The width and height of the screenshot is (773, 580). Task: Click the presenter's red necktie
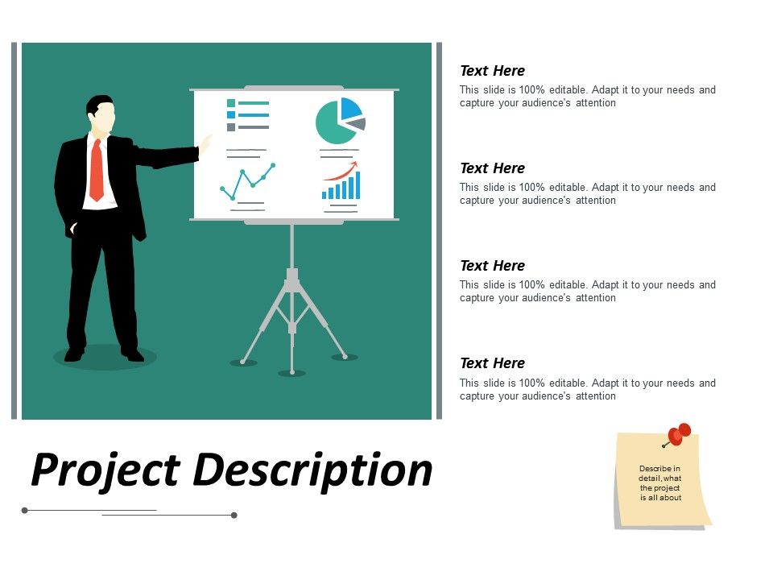pos(97,171)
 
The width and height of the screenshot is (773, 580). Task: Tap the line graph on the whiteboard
pos(247,181)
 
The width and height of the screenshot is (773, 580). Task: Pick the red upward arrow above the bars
pos(341,171)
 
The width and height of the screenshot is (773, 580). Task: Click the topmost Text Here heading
pos(492,71)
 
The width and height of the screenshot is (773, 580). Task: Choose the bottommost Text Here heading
pos(492,363)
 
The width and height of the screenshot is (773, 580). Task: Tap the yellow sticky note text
pos(660,483)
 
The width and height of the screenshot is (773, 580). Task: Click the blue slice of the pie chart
pos(349,108)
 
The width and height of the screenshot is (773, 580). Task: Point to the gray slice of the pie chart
pos(358,124)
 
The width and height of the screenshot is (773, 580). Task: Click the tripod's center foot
pos(291,372)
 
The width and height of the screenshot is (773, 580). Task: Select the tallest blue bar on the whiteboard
pos(358,185)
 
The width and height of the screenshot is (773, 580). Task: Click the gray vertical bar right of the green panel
pos(440,230)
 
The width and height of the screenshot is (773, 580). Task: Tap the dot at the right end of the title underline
pos(234,515)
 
